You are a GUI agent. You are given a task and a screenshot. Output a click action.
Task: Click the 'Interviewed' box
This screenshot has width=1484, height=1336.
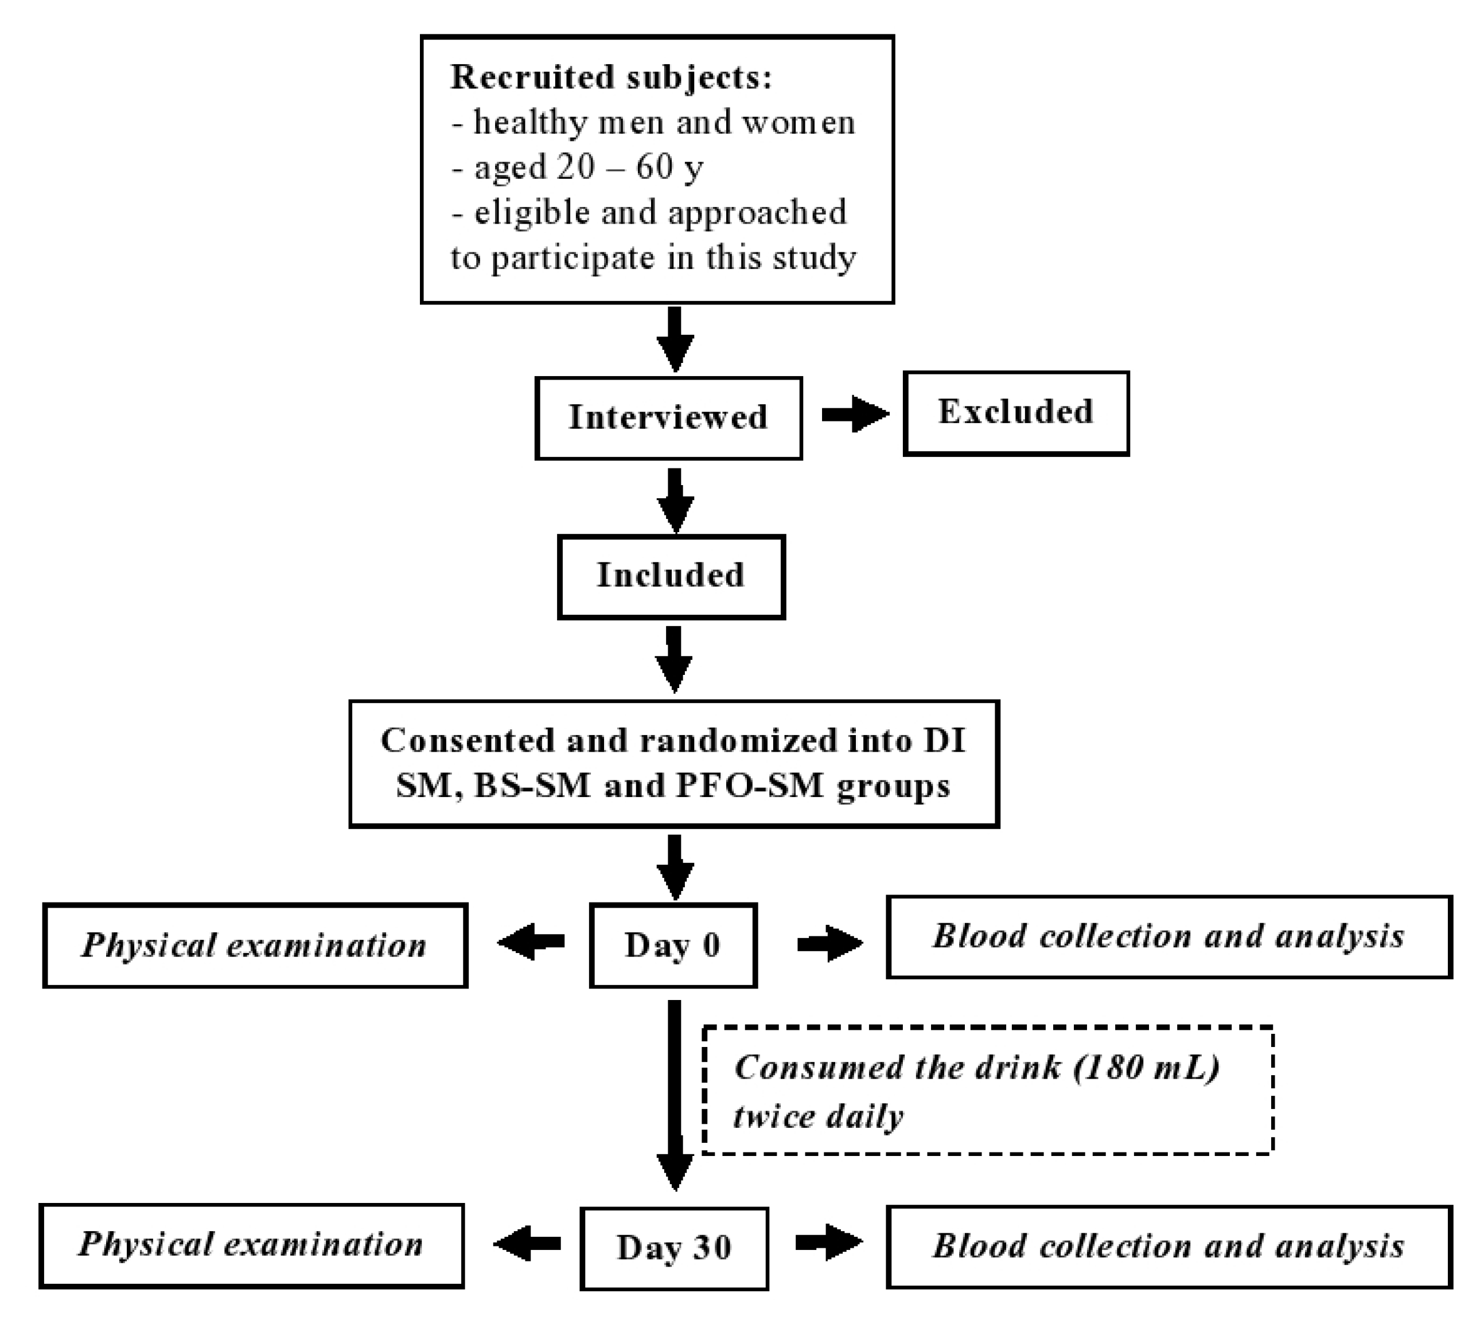668,417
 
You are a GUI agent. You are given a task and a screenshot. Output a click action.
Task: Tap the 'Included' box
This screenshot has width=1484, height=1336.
671,576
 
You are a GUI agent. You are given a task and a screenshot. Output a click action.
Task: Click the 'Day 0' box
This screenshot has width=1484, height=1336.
672,946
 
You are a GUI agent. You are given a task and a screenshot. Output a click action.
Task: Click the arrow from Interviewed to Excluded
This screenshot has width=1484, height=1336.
854,414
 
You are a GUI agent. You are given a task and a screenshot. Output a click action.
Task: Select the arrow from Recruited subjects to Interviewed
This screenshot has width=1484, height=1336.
675,339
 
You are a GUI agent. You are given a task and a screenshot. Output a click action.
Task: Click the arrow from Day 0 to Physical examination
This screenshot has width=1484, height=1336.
530,942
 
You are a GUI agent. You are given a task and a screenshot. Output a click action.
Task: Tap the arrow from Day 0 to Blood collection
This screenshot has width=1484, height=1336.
829,943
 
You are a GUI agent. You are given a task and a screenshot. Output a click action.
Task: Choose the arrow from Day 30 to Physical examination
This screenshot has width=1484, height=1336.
527,1244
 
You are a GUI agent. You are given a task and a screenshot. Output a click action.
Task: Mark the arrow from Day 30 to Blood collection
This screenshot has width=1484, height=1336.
828,1242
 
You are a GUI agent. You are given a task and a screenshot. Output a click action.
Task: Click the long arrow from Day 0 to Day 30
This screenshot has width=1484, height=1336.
674,1094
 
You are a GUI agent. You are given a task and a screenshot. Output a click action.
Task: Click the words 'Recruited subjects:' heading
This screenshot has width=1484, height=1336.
611,77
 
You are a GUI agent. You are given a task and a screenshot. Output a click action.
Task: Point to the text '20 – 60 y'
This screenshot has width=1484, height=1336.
629,167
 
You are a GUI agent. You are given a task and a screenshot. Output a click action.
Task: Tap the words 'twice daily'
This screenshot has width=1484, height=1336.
817,1116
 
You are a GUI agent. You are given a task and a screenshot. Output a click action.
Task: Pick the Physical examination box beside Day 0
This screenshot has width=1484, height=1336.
255,946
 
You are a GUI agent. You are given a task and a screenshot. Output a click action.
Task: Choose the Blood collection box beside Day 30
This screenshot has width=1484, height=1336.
1168,1247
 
